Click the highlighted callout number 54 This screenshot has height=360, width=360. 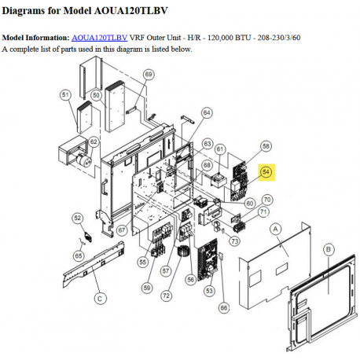pyautogui.click(x=266, y=172)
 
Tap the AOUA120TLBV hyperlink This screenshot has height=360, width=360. pyautogui.click(x=99, y=38)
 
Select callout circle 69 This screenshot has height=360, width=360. pyautogui.click(x=149, y=75)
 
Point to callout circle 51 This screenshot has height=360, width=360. pyautogui.click(x=65, y=95)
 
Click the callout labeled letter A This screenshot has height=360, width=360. pyautogui.click(x=275, y=230)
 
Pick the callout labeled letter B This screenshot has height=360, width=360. pyautogui.click(x=329, y=249)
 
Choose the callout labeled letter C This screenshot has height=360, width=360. pyautogui.click(x=100, y=299)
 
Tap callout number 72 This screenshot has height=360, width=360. pyautogui.click(x=166, y=296)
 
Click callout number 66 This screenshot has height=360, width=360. pyautogui.click(x=224, y=307)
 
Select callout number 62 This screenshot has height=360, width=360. pyautogui.click(x=94, y=142)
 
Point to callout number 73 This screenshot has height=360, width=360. pyautogui.click(x=234, y=241)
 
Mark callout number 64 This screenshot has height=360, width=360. pyautogui.click(x=207, y=113)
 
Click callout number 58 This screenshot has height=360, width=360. pyautogui.click(x=266, y=146)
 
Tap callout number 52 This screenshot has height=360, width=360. pyautogui.click(x=78, y=219)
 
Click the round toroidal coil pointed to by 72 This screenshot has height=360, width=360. pyautogui.click(x=183, y=252)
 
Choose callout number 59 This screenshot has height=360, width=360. pyautogui.click(x=147, y=288)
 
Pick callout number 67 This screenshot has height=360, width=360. pyautogui.click(x=122, y=230)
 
